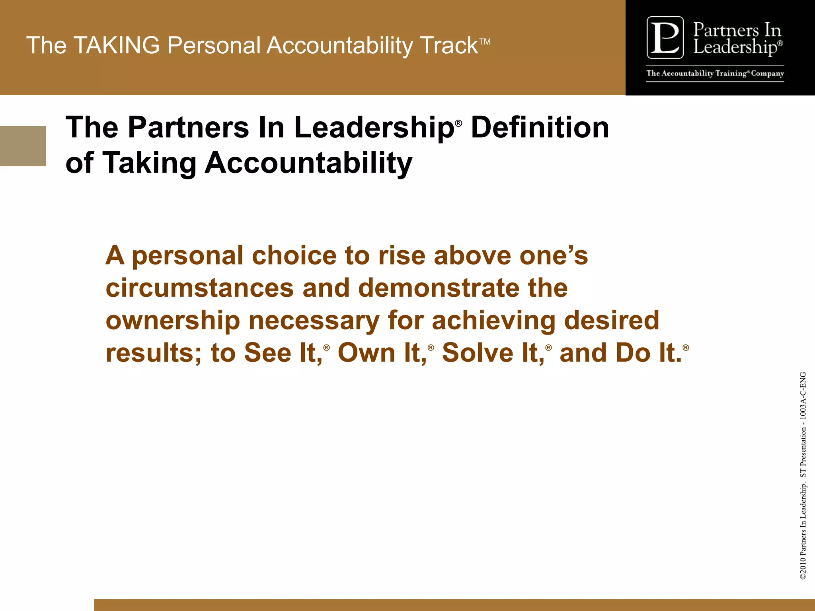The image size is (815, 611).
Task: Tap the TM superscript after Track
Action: (x=485, y=42)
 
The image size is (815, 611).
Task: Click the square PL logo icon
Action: (x=665, y=38)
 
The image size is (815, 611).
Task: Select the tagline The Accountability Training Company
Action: (x=715, y=74)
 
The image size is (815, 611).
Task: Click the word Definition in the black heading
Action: (x=540, y=128)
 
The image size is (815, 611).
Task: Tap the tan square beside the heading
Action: (x=23, y=146)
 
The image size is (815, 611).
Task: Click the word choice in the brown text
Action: (x=294, y=255)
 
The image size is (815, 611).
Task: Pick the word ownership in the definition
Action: (x=173, y=321)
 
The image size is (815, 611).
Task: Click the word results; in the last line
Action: (x=154, y=353)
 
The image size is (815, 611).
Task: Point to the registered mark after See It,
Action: (x=327, y=348)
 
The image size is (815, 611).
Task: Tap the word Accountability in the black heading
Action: (x=308, y=163)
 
